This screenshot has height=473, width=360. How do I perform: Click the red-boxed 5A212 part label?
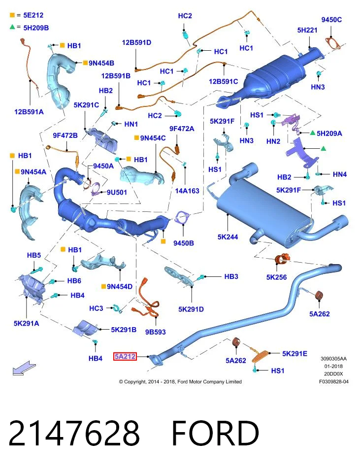click(x=125, y=357)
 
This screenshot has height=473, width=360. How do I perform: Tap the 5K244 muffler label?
click(x=228, y=237)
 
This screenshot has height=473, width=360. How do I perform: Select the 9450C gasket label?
click(x=331, y=20)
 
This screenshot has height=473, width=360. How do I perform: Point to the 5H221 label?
click(x=307, y=30)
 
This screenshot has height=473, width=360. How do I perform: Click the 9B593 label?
click(x=155, y=332)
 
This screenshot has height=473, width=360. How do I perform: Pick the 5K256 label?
click(x=276, y=277)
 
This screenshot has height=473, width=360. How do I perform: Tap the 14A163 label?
click(x=187, y=191)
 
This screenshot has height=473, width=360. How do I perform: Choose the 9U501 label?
click(x=117, y=193)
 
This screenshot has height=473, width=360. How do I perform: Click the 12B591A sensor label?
click(x=29, y=112)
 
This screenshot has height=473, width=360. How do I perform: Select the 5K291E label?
click(x=295, y=354)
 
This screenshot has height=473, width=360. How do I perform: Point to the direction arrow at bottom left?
click(x=24, y=368)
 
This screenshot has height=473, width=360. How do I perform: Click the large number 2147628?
click(x=74, y=433)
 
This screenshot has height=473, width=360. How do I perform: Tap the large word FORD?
click(x=215, y=433)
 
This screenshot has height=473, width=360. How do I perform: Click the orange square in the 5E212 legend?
click(x=12, y=15)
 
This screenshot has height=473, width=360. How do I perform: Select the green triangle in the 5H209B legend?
click(x=12, y=27)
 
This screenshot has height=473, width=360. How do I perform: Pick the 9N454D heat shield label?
click(x=120, y=287)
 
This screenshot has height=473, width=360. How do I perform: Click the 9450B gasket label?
click(x=184, y=243)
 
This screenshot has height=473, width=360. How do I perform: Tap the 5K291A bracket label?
click(x=26, y=323)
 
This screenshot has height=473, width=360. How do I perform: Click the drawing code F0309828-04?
click(x=334, y=381)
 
